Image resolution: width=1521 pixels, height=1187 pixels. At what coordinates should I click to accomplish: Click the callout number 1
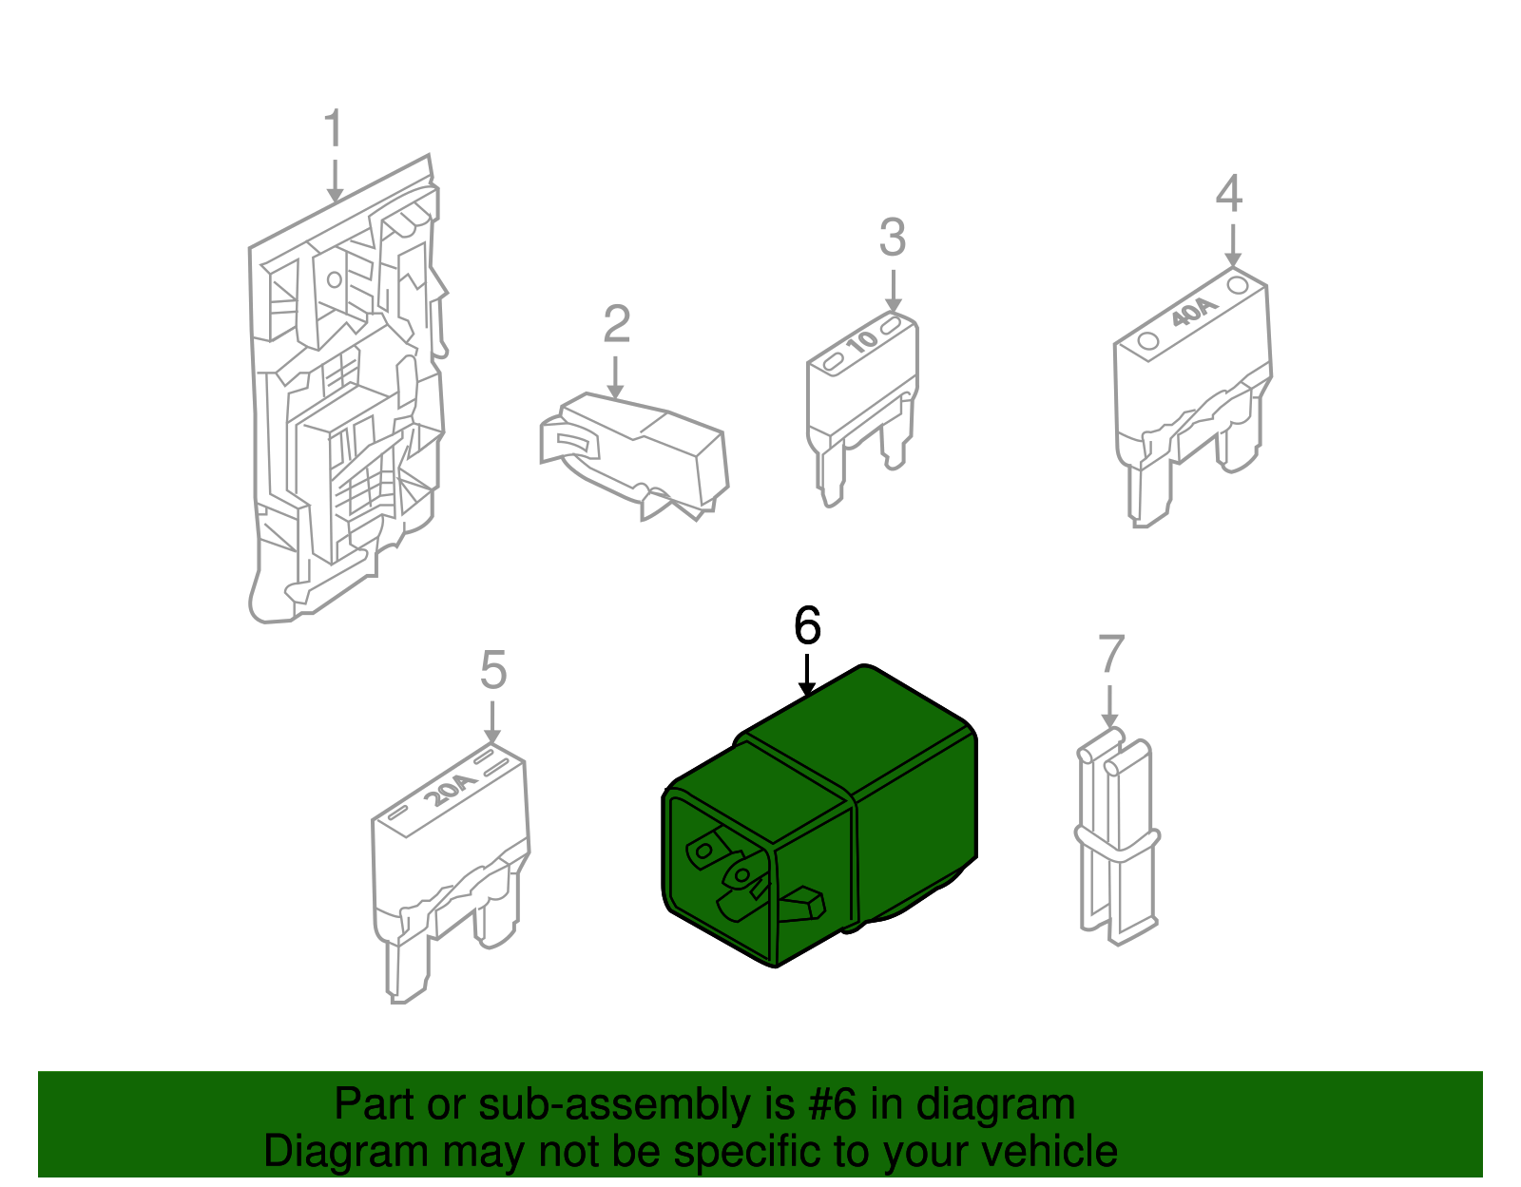334,127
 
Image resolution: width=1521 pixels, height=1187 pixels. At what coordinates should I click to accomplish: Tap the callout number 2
616,324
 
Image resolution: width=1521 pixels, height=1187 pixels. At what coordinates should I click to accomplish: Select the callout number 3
893,238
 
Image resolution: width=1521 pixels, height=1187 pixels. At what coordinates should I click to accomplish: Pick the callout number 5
492,669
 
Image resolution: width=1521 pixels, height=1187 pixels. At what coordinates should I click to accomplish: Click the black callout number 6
807,626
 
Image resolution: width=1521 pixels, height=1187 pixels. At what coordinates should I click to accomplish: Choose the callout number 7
1111,653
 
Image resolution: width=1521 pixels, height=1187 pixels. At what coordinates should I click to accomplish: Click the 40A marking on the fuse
1195,313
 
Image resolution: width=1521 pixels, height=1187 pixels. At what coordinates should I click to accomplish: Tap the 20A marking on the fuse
450,790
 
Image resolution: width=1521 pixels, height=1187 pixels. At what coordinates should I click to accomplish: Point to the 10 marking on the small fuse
861,341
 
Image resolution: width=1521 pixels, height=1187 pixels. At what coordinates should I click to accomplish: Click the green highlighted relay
818,814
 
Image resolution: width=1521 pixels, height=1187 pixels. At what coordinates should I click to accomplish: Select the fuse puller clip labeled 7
1116,836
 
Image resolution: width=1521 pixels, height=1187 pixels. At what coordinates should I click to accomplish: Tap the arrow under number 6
807,675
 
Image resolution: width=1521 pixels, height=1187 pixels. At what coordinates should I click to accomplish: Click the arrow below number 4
1233,245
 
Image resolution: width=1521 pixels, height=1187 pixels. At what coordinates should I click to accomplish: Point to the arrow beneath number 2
614,377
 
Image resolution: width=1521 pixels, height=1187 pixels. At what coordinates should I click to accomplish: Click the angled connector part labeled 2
634,457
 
